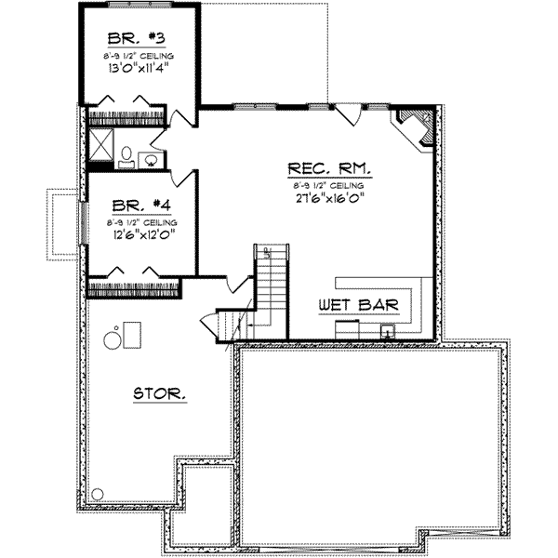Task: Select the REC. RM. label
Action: click(x=330, y=169)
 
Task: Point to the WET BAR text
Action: click(x=358, y=305)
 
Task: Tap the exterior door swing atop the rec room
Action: click(x=350, y=114)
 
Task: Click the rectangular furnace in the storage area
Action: click(x=132, y=332)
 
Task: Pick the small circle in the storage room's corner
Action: click(x=98, y=494)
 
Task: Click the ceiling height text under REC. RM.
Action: click(x=330, y=186)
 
